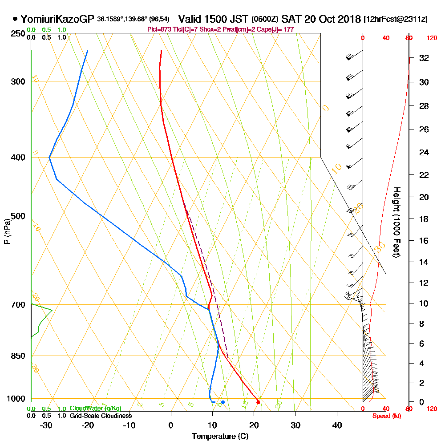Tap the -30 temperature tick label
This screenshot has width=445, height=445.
46,425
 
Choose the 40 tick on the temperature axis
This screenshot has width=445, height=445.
337,425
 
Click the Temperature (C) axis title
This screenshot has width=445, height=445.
220,437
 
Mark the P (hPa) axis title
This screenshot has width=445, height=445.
7,231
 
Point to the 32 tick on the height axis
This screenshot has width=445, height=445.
424,58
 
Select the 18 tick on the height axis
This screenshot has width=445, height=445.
424,219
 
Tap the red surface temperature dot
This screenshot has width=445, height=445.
258,402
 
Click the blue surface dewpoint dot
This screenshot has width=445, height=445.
223,402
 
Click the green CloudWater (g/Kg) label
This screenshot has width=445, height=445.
95,409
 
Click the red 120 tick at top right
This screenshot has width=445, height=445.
431,38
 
